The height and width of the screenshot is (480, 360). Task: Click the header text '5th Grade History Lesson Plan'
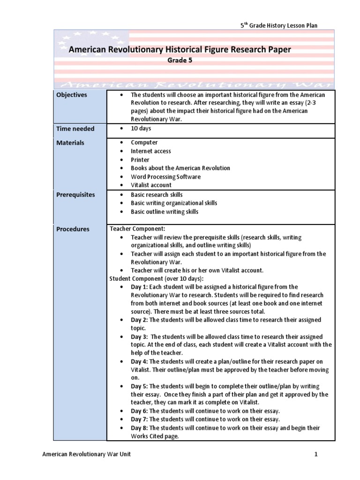[279, 25]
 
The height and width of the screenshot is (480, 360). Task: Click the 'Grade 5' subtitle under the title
[180, 60]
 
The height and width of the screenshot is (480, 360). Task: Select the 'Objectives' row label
[72, 95]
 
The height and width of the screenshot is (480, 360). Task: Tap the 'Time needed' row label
[75, 129]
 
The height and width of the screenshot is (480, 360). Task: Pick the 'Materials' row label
[70, 142]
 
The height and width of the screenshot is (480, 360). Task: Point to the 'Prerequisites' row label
[75, 195]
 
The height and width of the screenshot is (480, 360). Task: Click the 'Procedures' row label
[73, 229]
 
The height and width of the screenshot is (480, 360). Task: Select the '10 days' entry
[141, 128]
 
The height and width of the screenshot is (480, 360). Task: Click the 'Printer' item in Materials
[140, 160]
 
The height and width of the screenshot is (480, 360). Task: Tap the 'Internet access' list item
[151, 151]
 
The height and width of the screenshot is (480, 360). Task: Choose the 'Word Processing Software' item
[165, 177]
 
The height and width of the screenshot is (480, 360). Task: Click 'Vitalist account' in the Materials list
[151, 185]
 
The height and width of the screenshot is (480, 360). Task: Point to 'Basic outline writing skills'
[165, 211]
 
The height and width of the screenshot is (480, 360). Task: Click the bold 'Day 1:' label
[139, 287]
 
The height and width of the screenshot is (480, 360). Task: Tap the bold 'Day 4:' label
[139, 361]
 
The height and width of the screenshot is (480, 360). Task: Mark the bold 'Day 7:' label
[139, 419]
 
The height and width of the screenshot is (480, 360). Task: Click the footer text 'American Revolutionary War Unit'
[86, 454]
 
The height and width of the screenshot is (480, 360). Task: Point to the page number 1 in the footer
[316, 454]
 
